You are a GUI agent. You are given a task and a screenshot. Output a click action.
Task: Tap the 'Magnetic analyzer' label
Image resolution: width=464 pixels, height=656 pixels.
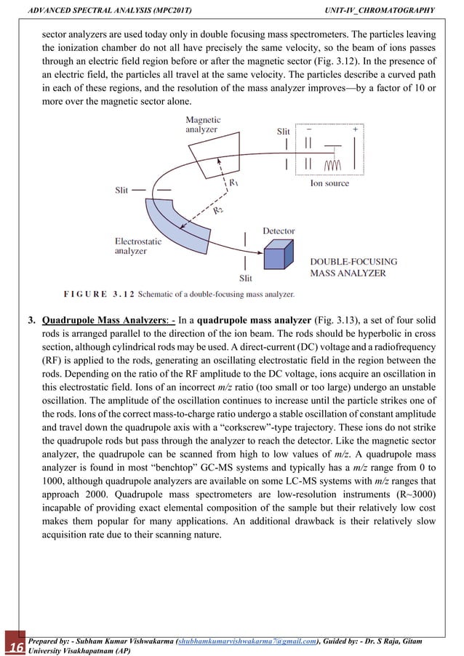click(x=204, y=124)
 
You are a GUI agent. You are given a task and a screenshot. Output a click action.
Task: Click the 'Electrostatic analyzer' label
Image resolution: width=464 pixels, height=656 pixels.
click(x=137, y=246)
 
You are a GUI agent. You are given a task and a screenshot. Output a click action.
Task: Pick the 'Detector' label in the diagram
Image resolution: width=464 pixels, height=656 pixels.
click(x=279, y=231)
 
